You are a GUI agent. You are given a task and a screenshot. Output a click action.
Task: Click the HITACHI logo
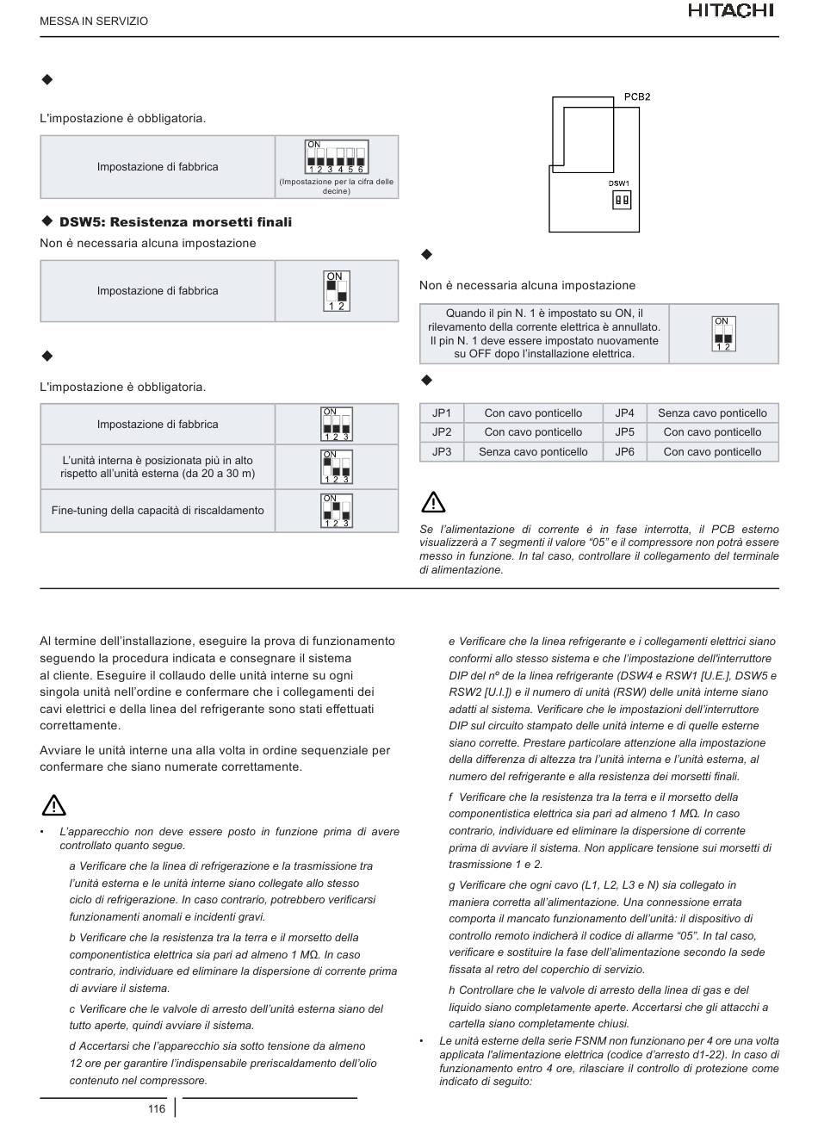(731, 10)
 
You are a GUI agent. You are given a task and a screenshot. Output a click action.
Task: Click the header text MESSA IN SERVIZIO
(94, 21)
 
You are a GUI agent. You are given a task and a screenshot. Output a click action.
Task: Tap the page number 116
(156, 1108)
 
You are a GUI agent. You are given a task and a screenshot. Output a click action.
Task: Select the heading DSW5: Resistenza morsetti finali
(175, 222)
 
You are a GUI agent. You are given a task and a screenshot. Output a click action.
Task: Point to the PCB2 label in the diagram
(636, 96)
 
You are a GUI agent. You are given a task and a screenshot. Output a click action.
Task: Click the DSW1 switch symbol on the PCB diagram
(621, 200)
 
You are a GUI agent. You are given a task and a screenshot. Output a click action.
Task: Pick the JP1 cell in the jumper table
(442, 413)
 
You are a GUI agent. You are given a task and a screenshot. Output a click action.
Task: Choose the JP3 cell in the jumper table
(442, 452)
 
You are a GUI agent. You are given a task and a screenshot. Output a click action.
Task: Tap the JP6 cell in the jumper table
(624, 452)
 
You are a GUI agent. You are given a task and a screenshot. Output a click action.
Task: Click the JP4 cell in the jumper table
(624, 413)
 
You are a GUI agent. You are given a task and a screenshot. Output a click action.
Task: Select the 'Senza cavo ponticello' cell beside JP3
(533, 452)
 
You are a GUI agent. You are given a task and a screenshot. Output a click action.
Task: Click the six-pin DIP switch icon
(337, 157)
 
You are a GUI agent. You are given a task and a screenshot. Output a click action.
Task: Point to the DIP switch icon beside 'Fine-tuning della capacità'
(337, 511)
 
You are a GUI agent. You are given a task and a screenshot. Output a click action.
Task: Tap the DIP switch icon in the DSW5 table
(337, 291)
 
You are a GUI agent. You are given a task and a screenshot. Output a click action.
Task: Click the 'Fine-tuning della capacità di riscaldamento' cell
(158, 511)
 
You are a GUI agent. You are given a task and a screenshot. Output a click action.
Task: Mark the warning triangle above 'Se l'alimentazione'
(433, 501)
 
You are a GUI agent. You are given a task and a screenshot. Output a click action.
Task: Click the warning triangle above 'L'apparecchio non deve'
(53, 804)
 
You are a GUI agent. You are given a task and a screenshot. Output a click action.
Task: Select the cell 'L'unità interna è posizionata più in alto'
(158, 467)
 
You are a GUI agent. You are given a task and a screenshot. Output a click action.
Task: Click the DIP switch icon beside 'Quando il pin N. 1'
(723, 334)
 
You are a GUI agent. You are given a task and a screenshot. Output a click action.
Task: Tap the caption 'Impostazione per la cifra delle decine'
(336, 186)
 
